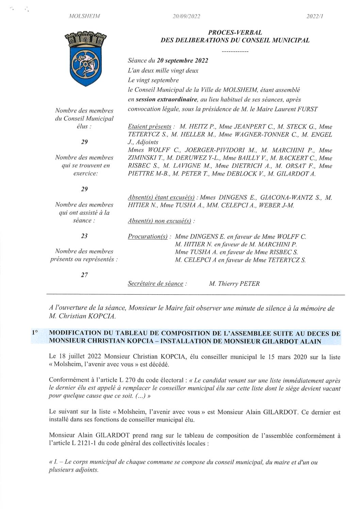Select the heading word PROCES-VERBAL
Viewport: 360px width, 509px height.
(235, 33)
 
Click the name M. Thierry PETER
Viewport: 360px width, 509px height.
(234, 283)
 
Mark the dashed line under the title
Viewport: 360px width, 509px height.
(235, 52)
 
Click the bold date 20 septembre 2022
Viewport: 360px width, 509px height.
(182, 61)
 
